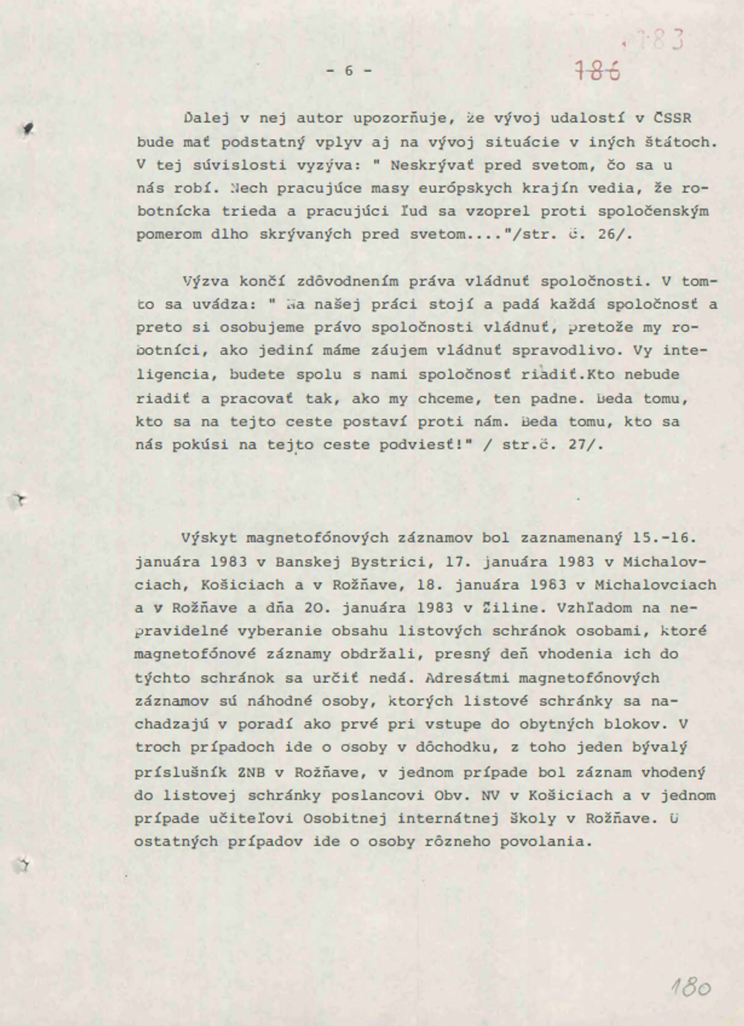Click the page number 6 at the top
pyautogui.click(x=349, y=71)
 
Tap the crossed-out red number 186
pyautogui.click(x=597, y=71)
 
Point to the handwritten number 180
pyautogui.click(x=690, y=987)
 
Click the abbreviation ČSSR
pyautogui.click(x=673, y=118)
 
